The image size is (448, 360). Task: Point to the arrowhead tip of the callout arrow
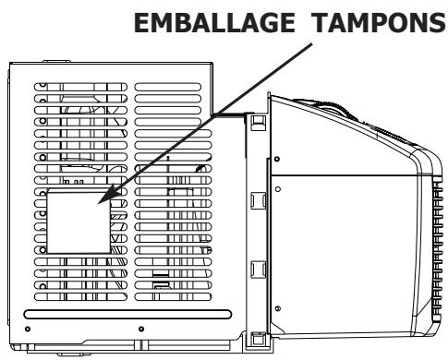pyautogui.click(x=98, y=202)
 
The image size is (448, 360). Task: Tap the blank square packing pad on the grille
pyautogui.click(x=79, y=222)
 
